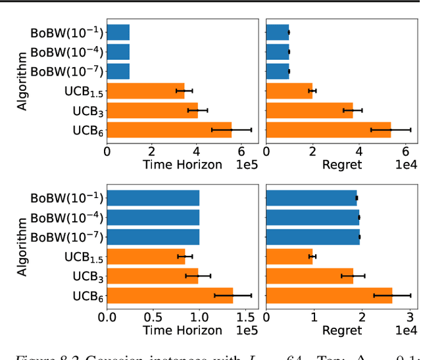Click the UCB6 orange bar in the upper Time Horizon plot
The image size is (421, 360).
coord(169,130)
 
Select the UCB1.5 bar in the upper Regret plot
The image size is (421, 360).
coord(289,91)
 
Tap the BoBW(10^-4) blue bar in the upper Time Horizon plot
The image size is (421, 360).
coord(118,51)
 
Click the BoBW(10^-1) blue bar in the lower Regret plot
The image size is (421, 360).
coord(310,197)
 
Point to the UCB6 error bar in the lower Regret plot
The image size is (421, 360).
coord(392,296)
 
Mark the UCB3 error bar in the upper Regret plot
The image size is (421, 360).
coord(353,110)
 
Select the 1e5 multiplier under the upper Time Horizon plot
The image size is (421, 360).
coord(245,165)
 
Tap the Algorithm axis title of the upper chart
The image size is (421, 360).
coord(23,81)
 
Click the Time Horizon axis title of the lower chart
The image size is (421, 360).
coord(182,330)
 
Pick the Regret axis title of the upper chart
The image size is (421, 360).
coord(341,165)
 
